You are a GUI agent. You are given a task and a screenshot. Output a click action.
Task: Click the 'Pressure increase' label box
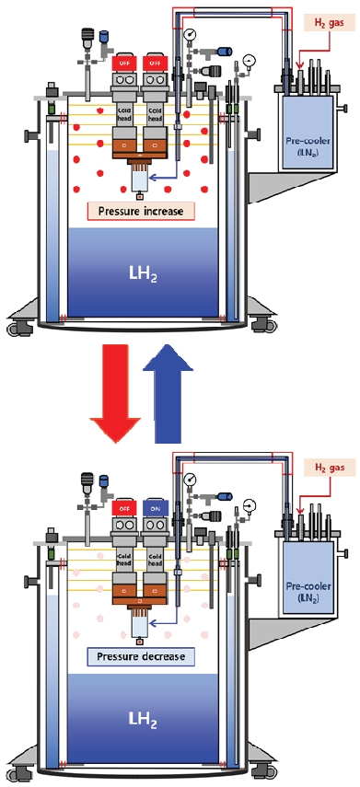(x=136, y=211)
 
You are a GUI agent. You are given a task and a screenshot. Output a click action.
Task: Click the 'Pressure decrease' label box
(x=136, y=657)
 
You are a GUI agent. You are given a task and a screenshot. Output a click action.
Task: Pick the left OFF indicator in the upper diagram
(x=122, y=63)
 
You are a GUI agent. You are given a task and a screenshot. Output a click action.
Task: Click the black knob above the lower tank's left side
(x=88, y=479)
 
